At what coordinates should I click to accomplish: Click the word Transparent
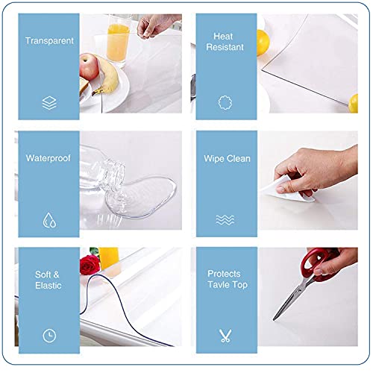[x=49, y=41]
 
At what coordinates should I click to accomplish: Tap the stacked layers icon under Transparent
[x=49, y=104]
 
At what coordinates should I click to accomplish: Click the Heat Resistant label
[x=222, y=41]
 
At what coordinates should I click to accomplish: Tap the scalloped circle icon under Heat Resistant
[x=222, y=103]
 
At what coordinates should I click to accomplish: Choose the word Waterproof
[x=49, y=158]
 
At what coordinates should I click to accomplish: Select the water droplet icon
[x=49, y=219]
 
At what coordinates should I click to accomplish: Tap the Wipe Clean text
[x=228, y=159]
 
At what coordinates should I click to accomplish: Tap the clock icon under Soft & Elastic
[x=49, y=335]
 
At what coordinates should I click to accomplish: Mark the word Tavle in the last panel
[x=217, y=284]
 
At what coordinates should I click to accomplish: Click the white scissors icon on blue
[x=223, y=335]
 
